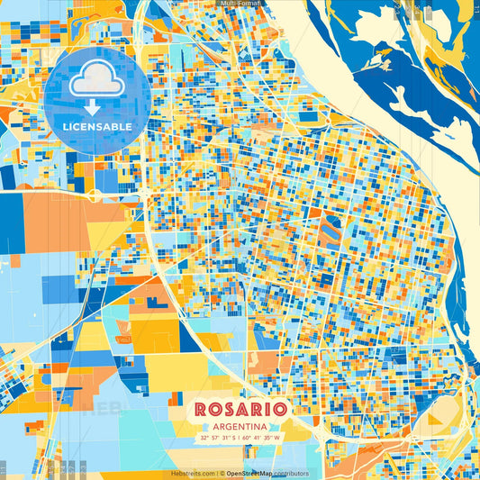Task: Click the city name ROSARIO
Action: (240, 409)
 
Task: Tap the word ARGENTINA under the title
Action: (240, 426)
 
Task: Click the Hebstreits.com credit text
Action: (193, 473)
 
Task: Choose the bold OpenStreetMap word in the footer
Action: (250, 473)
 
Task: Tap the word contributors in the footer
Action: (291, 473)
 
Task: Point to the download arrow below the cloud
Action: (96, 107)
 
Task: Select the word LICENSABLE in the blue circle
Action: (96, 127)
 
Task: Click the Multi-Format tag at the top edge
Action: (240, 5)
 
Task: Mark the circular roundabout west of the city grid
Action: (94, 194)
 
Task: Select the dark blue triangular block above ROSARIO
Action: (190, 336)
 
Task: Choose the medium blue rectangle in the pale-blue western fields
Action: (59, 288)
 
